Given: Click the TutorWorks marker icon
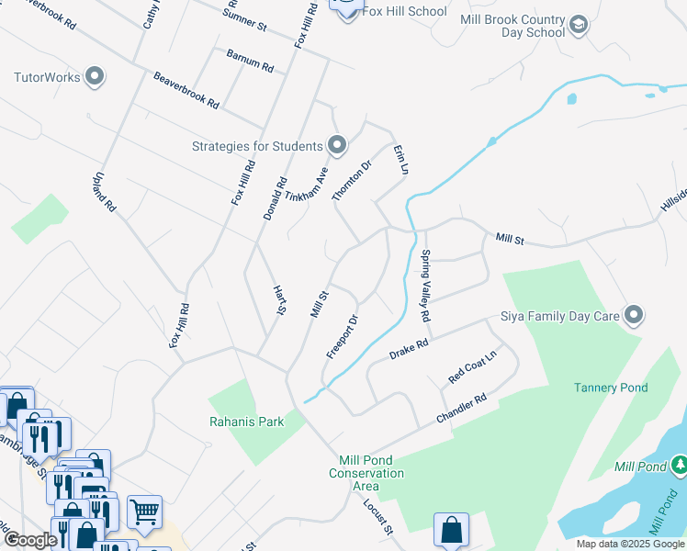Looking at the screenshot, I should pyautogui.click(x=95, y=77).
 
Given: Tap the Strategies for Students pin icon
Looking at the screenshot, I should pyautogui.click(x=337, y=145).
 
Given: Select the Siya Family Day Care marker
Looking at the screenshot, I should pyautogui.click(x=634, y=317).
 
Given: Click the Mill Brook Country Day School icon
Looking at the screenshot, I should pyautogui.click(x=578, y=23).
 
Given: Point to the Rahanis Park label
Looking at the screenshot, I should pyautogui.click(x=247, y=422).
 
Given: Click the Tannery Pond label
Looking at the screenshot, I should pyautogui.click(x=611, y=388).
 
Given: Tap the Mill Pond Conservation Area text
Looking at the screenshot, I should pyautogui.click(x=366, y=467).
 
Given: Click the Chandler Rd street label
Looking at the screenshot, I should pyautogui.click(x=460, y=410).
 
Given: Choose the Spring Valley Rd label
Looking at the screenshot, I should pyautogui.click(x=425, y=286).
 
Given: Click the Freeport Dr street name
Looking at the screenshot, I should pyautogui.click(x=342, y=337).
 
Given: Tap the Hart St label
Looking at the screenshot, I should pyautogui.click(x=280, y=300).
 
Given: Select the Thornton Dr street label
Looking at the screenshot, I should pyautogui.click(x=352, y=179).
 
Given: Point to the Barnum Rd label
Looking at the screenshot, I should pyautogui.click(x=250, y=67).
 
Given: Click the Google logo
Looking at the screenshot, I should pyautogui.click(x=30, y=539).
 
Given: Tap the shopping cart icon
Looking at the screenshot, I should pyautogui.click(x=144, y=512).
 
